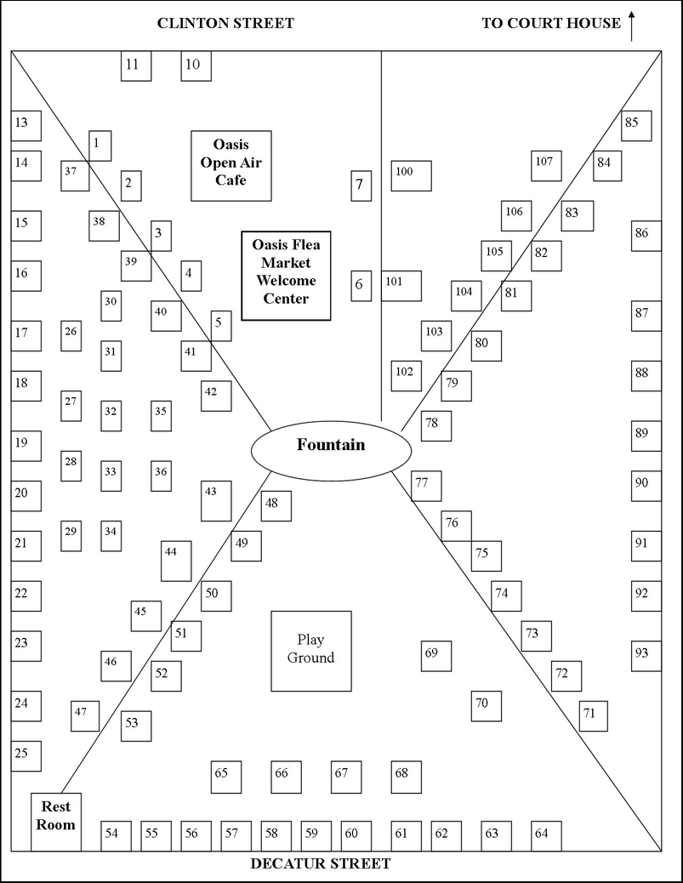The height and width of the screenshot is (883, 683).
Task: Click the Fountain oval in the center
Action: [330, 446]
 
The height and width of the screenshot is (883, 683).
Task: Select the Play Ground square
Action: [310, 651]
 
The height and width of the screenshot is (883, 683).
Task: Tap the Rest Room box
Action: [56, 822]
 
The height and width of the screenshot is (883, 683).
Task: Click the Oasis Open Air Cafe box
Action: [231, 165]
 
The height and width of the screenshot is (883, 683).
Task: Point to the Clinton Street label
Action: [225, 23]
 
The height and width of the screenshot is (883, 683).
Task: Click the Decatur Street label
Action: [321, 864]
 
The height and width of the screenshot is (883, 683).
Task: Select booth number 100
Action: [411, 175]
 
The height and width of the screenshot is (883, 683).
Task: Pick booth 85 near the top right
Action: [635, 126]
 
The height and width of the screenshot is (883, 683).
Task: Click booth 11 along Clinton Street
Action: [135, 66]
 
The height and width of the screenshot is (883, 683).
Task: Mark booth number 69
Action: [435, 656]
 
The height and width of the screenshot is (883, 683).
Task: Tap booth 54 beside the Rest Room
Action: [116, 835]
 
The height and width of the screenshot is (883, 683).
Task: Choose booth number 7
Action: [361, 185]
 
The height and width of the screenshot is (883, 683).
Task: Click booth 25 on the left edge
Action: [26, 755]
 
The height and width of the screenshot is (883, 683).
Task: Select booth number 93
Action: [646, 656]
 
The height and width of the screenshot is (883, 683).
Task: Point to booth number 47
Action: [84, 715]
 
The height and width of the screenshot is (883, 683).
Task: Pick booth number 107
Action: [546, 165]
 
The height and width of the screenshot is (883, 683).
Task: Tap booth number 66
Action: [286, 776]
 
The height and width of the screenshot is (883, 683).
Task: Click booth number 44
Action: [175, 561]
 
